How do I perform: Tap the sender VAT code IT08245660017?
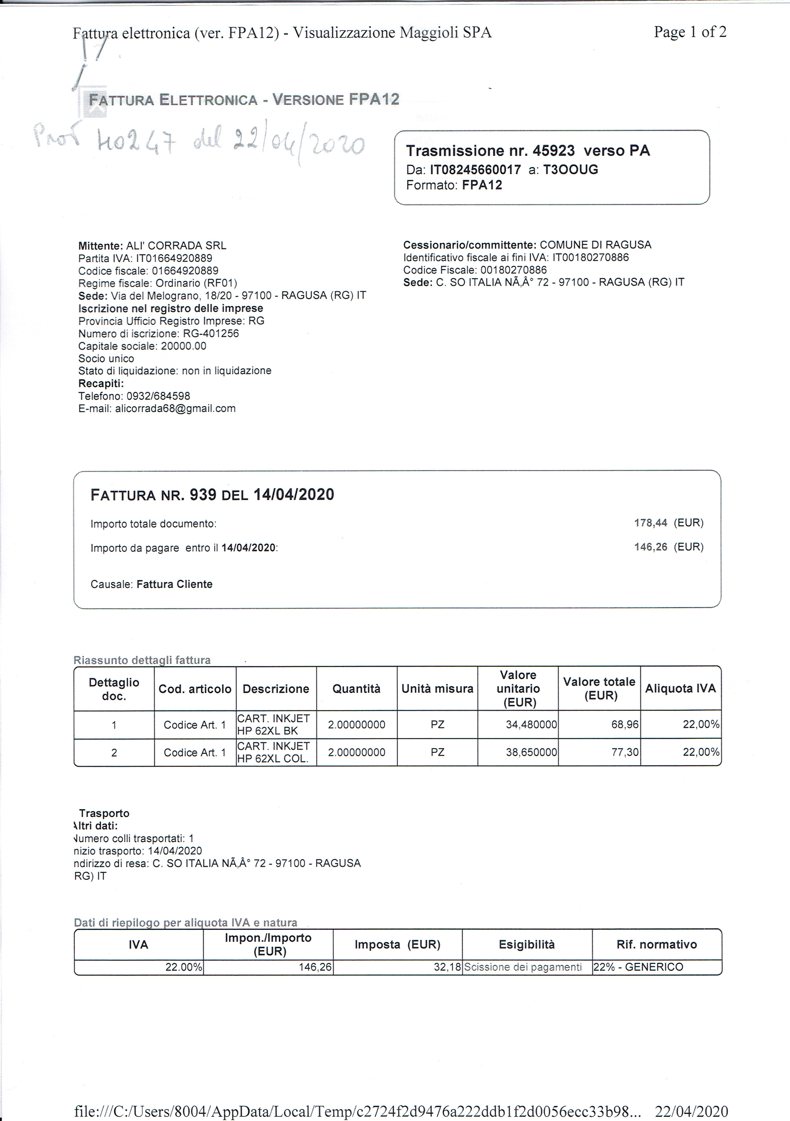tap(475, 170)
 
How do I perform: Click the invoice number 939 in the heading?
tap(203, 495)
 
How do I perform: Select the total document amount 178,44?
tap(650, 523)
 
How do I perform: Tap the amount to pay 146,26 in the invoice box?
tap(650, 547)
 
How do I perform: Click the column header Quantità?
tap(356, 689)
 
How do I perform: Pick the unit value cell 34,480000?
tap(531, 725)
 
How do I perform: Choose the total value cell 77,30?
tap(625, 752)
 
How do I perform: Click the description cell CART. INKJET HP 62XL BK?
tap(273, 725)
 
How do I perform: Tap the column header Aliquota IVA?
tap(680, 689)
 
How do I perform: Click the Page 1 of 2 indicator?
tap(690, 32)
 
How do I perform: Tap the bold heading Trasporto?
tap(104, 813)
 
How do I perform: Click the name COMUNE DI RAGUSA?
tap(595, 245)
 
